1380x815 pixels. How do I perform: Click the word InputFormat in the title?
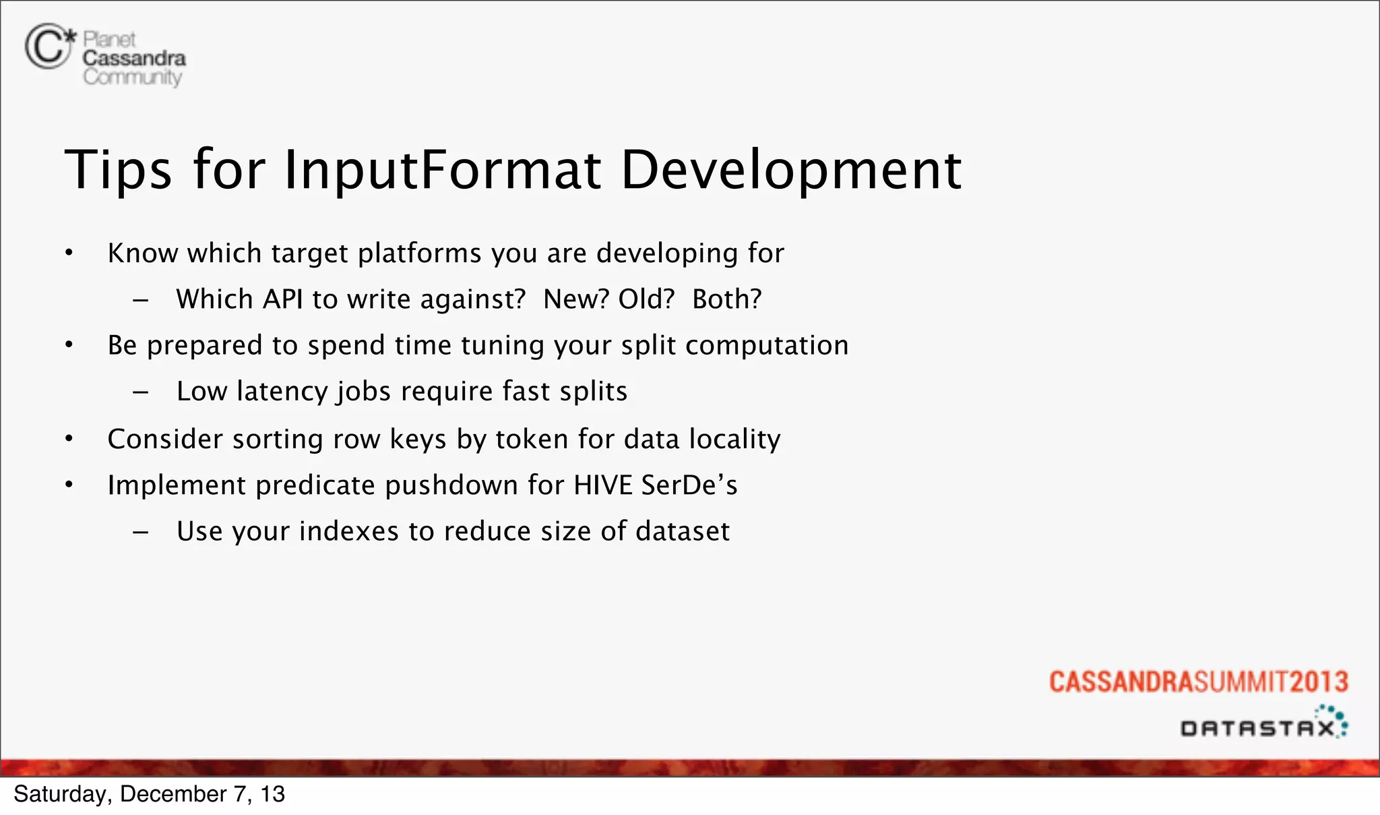[x=442, y=170]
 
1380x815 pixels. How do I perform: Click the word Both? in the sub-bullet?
[x=726, y=299]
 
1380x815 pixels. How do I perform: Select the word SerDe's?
[x=689, y=485]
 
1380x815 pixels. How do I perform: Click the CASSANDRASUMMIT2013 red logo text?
[x=1198, y=682]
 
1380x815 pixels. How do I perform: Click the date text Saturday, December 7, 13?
[x=149, y=794]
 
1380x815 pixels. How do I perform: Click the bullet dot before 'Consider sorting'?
[x=69, y=440]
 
